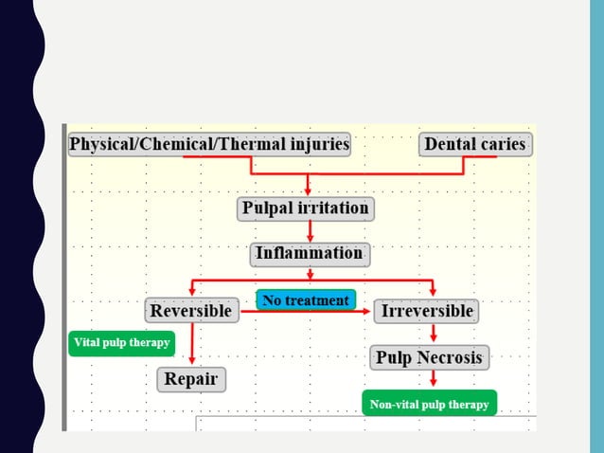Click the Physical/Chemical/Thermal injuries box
209,145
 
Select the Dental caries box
475,145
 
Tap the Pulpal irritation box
306,208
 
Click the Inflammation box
310,254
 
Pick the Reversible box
190,310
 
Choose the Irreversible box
426,310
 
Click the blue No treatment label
306,300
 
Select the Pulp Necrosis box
429,357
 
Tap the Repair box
191,380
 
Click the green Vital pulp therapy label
122,343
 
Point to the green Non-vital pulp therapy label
429,405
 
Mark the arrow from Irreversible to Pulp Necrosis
433,333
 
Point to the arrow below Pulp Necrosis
433,378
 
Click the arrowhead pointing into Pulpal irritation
307,190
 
